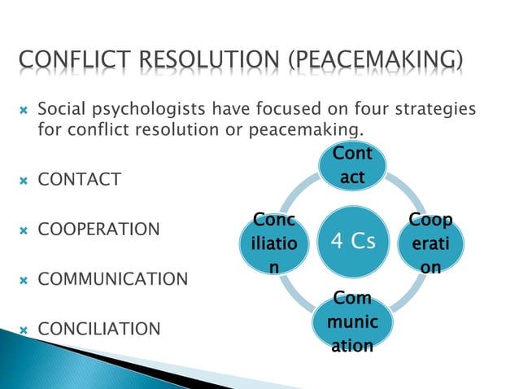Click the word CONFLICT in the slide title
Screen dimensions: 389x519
click(70, 60)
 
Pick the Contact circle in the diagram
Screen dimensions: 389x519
click(352, 165)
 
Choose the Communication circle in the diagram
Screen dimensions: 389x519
click(351, 324)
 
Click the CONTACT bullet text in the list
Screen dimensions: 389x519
click(80, 179)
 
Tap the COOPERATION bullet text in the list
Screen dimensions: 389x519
click(99, 229)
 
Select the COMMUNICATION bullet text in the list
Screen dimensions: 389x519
click(113, 279)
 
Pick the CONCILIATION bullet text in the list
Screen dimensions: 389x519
click(99, 330)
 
